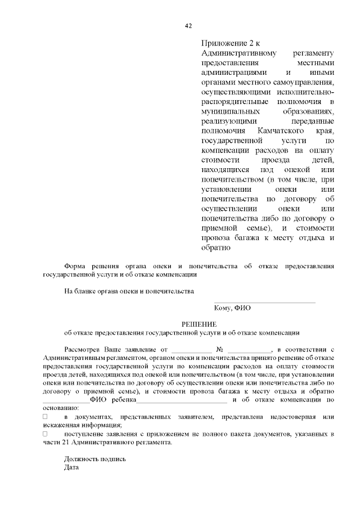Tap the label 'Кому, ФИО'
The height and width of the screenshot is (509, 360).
click(x=232, y=308)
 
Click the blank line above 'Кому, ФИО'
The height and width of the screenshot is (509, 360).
click(x=264, y=302)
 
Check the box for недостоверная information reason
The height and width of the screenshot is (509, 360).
click(x=46, y=417)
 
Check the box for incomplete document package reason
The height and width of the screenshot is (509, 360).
click(x=46, y=434)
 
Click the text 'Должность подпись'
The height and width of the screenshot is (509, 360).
click(x=94, y=459)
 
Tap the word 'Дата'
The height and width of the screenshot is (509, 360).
click(x=71, y=467)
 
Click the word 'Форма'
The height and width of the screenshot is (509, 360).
click(x=75, y=265)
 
